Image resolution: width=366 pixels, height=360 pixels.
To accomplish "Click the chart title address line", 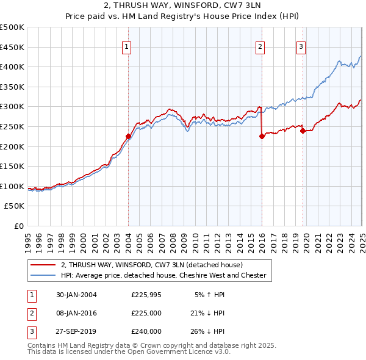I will [182, 6].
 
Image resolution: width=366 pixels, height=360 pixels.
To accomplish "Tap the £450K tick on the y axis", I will [12, 47].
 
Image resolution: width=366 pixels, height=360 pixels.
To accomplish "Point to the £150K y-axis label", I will [12, 166].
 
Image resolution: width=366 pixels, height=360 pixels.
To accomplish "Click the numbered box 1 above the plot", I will [126, 47].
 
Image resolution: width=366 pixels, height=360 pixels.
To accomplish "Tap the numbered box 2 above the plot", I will [260, 47].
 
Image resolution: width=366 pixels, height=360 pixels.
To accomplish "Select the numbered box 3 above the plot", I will [301, 47].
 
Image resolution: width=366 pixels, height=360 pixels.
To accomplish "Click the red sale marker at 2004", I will [129, 137].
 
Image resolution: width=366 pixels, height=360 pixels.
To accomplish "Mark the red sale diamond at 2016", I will [262, 137].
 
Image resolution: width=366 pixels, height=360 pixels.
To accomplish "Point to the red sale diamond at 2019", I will [303, 131].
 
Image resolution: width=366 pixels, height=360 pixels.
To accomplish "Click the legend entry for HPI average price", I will [163, 275].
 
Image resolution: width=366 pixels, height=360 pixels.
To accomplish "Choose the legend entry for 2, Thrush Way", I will [152, 265].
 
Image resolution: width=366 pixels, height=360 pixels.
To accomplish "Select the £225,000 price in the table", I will [146, 313].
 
